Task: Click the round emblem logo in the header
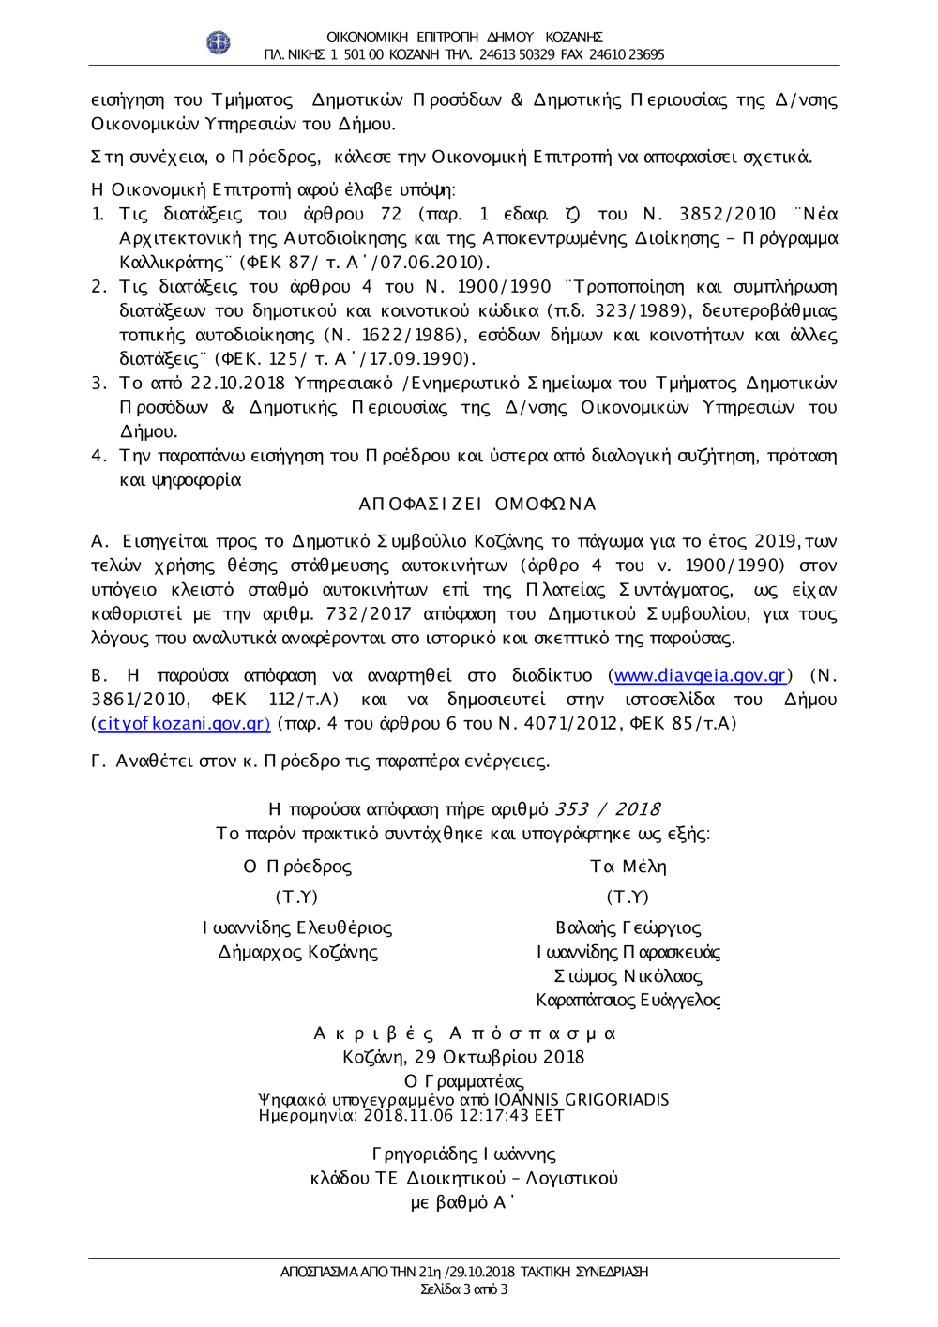(219, 42)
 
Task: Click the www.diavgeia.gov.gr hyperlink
(699, 675)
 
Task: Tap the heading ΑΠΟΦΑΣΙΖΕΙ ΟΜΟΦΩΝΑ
(477, 505)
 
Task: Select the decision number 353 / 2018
(607, 809)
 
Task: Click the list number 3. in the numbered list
(99, 384)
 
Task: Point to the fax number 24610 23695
(627, 54)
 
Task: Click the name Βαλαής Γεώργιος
(628, 928)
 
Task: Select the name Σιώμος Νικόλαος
(628, 976)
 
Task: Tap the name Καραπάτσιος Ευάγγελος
(628, 1001)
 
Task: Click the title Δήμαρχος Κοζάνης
(297, 953)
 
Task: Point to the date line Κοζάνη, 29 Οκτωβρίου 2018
(463, 1057)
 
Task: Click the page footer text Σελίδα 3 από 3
(463, 1289)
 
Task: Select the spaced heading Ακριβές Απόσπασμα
(463, 1033)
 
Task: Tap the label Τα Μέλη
(628, 867)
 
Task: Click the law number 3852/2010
(727, 215)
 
